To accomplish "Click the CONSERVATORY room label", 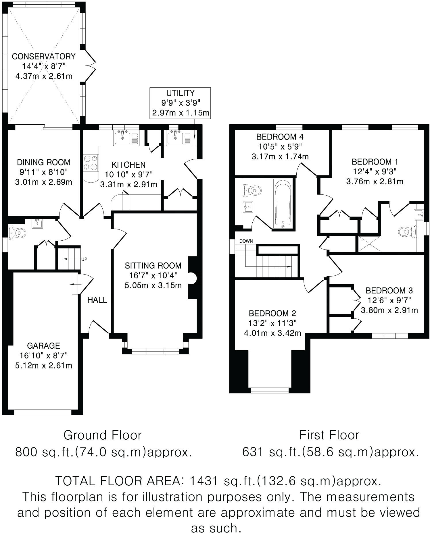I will [x=43, y=56].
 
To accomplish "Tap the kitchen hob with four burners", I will [x=91, y=163].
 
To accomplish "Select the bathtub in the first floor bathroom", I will [x=283, y=203].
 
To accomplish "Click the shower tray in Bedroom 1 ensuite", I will [x=369, y=244].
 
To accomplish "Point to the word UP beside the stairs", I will [x=84, y=259].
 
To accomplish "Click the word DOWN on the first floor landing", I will [x=246, y=241].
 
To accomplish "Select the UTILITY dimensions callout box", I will [x=181, y=103].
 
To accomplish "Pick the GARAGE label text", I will [x=43, y=346].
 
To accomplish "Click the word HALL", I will [x=97, y=300].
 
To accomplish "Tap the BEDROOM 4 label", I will [x=280, y=137].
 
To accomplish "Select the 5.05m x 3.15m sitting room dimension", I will [x=153, y=285].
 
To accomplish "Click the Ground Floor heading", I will [x=103, y=435].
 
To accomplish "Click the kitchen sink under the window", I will [x=123, y=138].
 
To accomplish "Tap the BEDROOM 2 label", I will [x=272, y=313].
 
